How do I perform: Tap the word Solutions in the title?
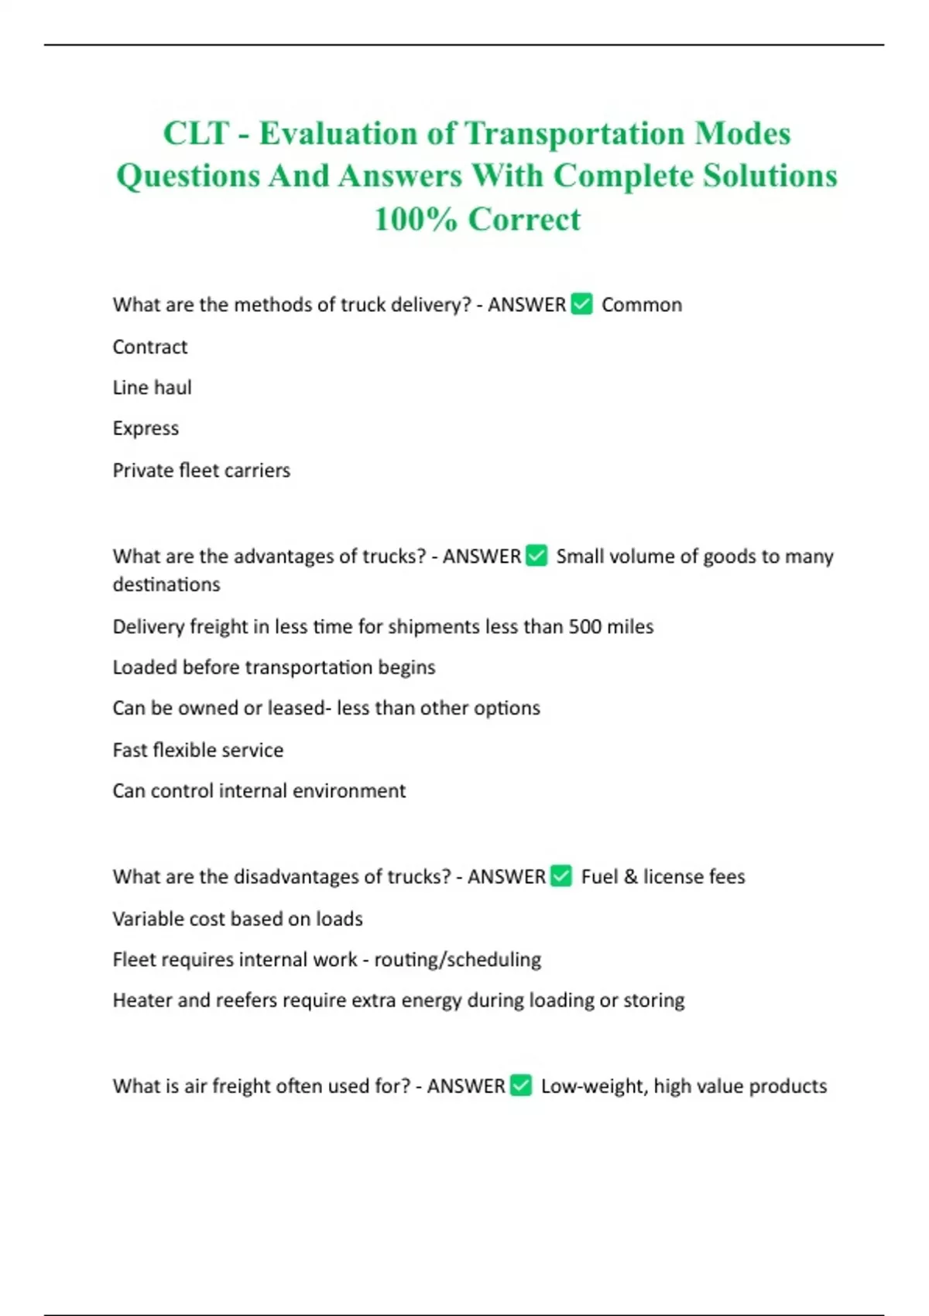coord(770,176)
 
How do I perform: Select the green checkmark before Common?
coord(581,304)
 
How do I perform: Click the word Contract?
coord(150,347)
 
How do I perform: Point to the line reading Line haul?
coord(152,387)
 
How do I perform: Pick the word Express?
coord(146,428)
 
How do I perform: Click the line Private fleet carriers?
coord(201,470)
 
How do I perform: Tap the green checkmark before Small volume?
coord(536,556)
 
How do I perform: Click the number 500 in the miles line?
coord(586,626)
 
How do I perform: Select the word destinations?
coord(166,584)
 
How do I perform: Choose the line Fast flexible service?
coord(198,749)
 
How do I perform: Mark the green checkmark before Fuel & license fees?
coord(561,876)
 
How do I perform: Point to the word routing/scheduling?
coord(458,959)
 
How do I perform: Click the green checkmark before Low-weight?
coord(521,1085)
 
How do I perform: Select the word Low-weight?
coord(594,1086)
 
